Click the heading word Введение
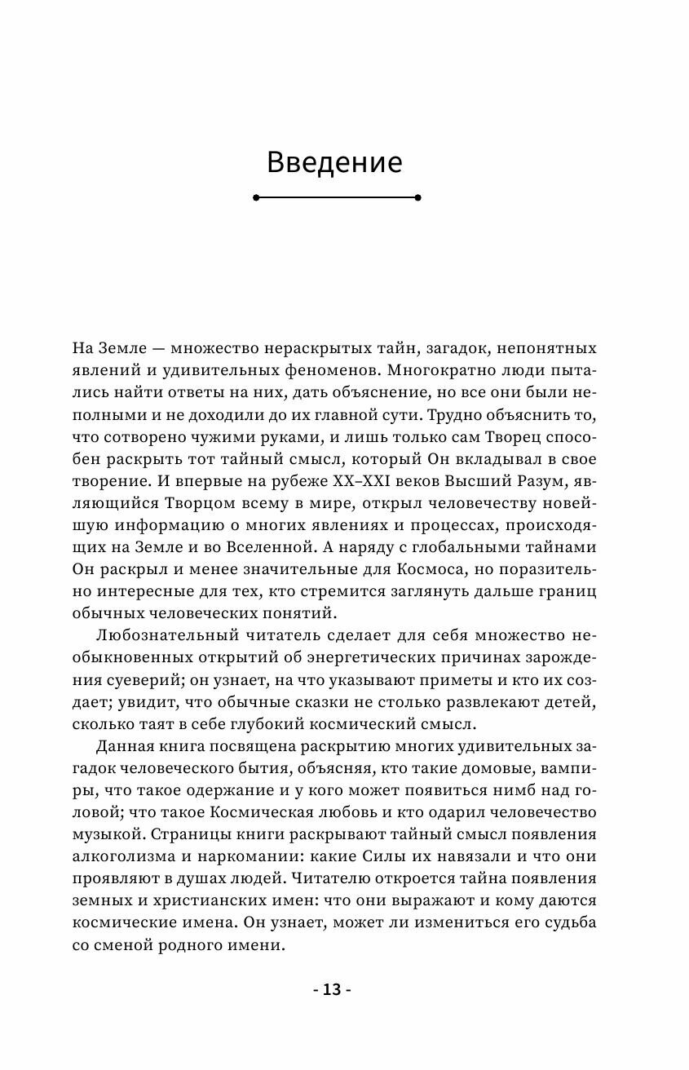334,161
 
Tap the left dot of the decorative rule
256,197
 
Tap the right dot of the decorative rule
417,197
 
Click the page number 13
332,989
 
